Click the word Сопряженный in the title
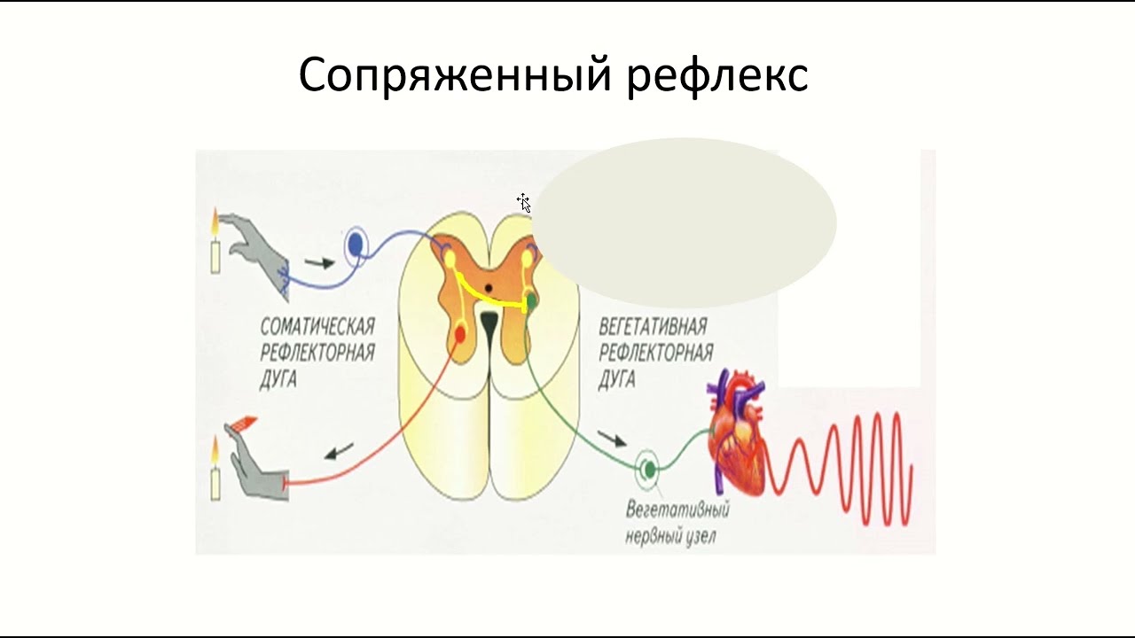455,75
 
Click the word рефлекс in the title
717,75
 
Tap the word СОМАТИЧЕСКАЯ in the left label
317,325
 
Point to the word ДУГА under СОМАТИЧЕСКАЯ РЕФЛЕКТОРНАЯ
279,379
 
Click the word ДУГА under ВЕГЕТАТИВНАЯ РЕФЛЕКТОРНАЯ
617,379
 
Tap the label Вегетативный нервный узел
677,524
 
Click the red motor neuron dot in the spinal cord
459,334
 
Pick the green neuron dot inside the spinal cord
531,303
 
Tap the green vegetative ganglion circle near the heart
649,467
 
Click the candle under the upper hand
214,252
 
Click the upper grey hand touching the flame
257,248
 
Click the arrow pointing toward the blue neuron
319,262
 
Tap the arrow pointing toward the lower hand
338,453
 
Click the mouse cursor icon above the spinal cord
523,202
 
